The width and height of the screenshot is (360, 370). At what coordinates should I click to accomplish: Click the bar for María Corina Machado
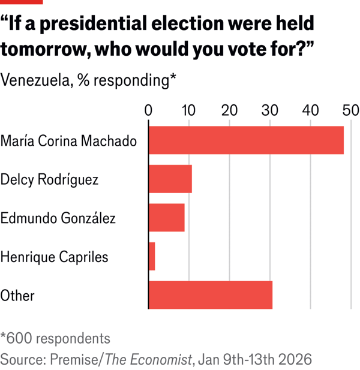pyautogui.click(x=246, y=141)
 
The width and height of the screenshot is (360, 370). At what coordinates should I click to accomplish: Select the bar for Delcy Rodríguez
pyautogui.click(x=170, y=179)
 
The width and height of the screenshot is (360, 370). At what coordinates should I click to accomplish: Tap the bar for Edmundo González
pyautogui.click(x=166, y=218)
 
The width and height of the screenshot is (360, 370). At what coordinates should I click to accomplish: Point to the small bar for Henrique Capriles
pyautogui.click(x=152, y=257)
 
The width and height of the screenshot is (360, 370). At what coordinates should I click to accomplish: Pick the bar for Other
pyautogui.click(x=210, y=295)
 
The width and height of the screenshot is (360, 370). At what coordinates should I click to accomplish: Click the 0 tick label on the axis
pyautogui.click(x=148, y=110)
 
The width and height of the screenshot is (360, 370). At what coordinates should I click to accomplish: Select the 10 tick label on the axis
pyautogui.click(x=188, y=110)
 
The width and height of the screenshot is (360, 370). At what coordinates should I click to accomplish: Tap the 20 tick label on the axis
pyautogui.click(x=229, y=110)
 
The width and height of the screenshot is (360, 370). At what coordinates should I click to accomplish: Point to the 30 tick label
pyautogui.click(x=270, y=110)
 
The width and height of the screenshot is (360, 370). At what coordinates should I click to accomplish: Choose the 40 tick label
pyautogui.click(x=310, y=110)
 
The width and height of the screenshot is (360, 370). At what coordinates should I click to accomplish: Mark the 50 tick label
pyautogui.click(x=350, y=110)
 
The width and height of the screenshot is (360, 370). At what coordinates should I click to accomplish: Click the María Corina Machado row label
pyautogui.click(x=68, y=142)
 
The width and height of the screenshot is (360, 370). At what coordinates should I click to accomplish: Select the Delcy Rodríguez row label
pyautogui.click(x=49, y=179)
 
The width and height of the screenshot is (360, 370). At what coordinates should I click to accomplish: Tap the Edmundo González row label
pyautogui.click(x=58, y=218)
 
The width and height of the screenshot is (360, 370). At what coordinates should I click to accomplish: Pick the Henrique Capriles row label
pyautogui.click(x=54, y=257)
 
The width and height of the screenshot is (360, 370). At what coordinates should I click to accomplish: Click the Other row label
pyautogui.click(x=17, y=295)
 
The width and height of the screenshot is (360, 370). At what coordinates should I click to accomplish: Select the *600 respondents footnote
pyautogui.click(x=55, y=338)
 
